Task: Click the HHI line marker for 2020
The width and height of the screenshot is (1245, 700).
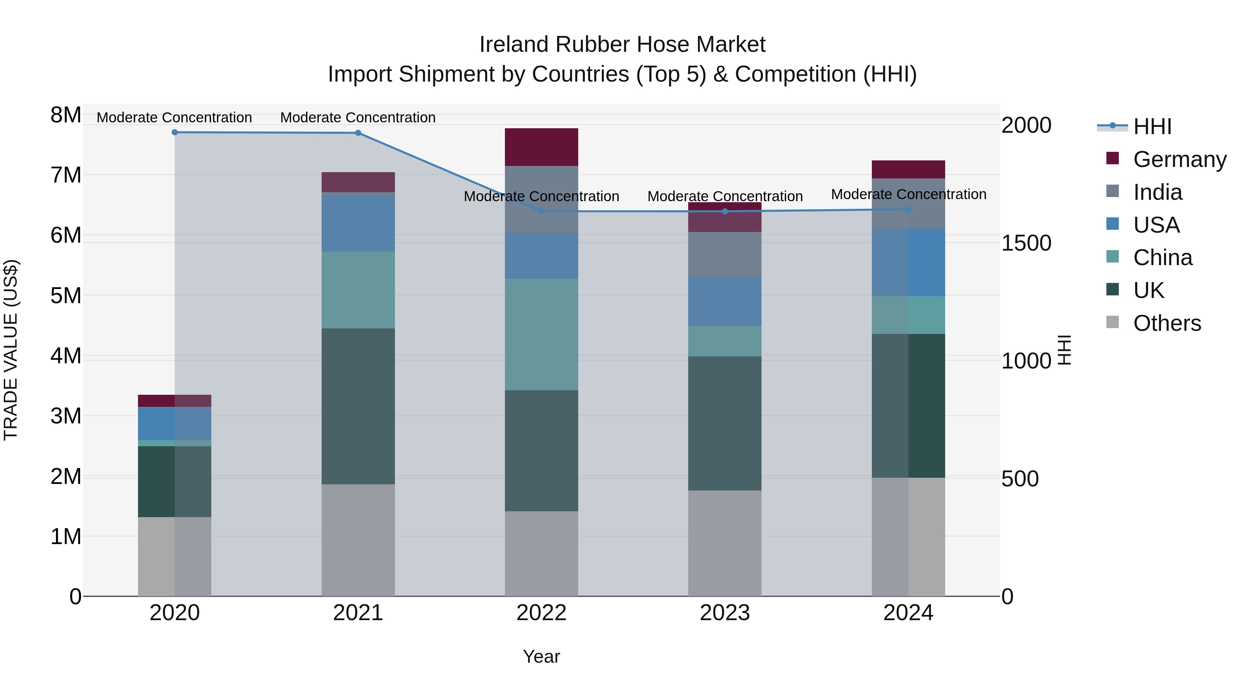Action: click(x=175, y=132)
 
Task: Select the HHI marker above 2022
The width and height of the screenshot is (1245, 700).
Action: click(x=541, y=211)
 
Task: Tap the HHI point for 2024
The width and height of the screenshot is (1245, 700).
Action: click(x=908, y=209)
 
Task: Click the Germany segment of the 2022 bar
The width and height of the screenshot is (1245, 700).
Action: click(x=541, y=147)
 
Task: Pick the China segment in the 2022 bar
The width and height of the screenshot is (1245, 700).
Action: click(x=541, y=334)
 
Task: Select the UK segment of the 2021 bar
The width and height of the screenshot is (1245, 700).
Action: click(x=358, y=406)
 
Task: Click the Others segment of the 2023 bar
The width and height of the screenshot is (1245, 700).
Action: click(x=725, y=543)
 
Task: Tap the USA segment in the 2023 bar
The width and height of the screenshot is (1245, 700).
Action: click(x=725, y=301)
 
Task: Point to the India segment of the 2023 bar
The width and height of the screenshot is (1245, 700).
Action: click(x=725, y=254)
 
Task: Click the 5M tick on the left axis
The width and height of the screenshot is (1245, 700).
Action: click(x=66, y=296)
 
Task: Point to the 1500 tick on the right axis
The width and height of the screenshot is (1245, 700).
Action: click(x=1026, y=243)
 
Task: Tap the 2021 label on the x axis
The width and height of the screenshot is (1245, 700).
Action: click(x=358, y=613)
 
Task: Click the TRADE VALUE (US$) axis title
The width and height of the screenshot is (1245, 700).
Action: click(x=11, y=350)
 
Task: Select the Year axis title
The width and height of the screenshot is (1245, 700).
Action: click(x=541, y=656)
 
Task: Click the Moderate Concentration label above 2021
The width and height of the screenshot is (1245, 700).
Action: click(x=358, y=118)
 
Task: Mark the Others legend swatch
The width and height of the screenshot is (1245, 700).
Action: click(x=1112, y=322)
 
